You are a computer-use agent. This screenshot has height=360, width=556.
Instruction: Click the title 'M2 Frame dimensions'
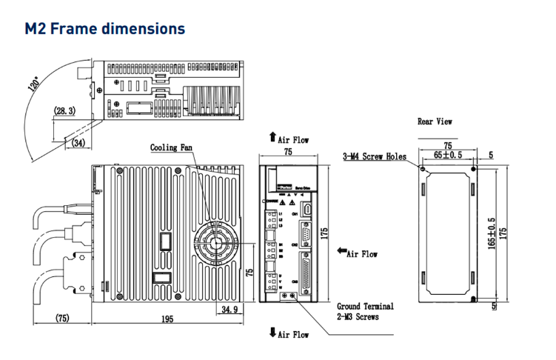pos(104,29)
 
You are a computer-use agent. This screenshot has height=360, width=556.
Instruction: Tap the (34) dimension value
pos(77,142)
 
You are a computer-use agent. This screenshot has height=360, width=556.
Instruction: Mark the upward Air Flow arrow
pos(272,138)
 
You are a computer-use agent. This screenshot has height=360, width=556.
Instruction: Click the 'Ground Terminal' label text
pos(365,305)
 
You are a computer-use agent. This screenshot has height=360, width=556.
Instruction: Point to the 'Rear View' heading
pos(435,121)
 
